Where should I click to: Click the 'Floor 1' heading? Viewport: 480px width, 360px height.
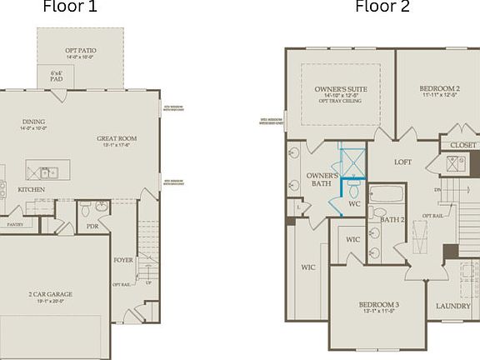click(70, 7)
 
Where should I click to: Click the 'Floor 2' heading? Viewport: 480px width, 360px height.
click(382, 7)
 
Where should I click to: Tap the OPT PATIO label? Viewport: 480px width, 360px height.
click(81, 52)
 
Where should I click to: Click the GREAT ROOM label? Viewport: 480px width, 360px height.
click(117, 138)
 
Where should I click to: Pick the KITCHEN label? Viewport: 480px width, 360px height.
click(32, 189)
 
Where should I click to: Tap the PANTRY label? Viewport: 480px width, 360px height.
click(15, 224)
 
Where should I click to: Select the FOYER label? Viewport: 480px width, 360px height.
click(123, 260)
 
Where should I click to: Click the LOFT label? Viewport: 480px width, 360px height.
click(403, 162)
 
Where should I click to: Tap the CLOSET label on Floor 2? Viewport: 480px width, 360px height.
click(463, 145)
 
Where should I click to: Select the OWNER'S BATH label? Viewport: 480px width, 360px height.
click(322, 179)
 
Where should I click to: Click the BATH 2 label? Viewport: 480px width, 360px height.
click(392, 220)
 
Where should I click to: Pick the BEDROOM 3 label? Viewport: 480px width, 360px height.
click(379, 305)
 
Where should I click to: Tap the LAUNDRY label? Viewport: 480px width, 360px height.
click(453, 306)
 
